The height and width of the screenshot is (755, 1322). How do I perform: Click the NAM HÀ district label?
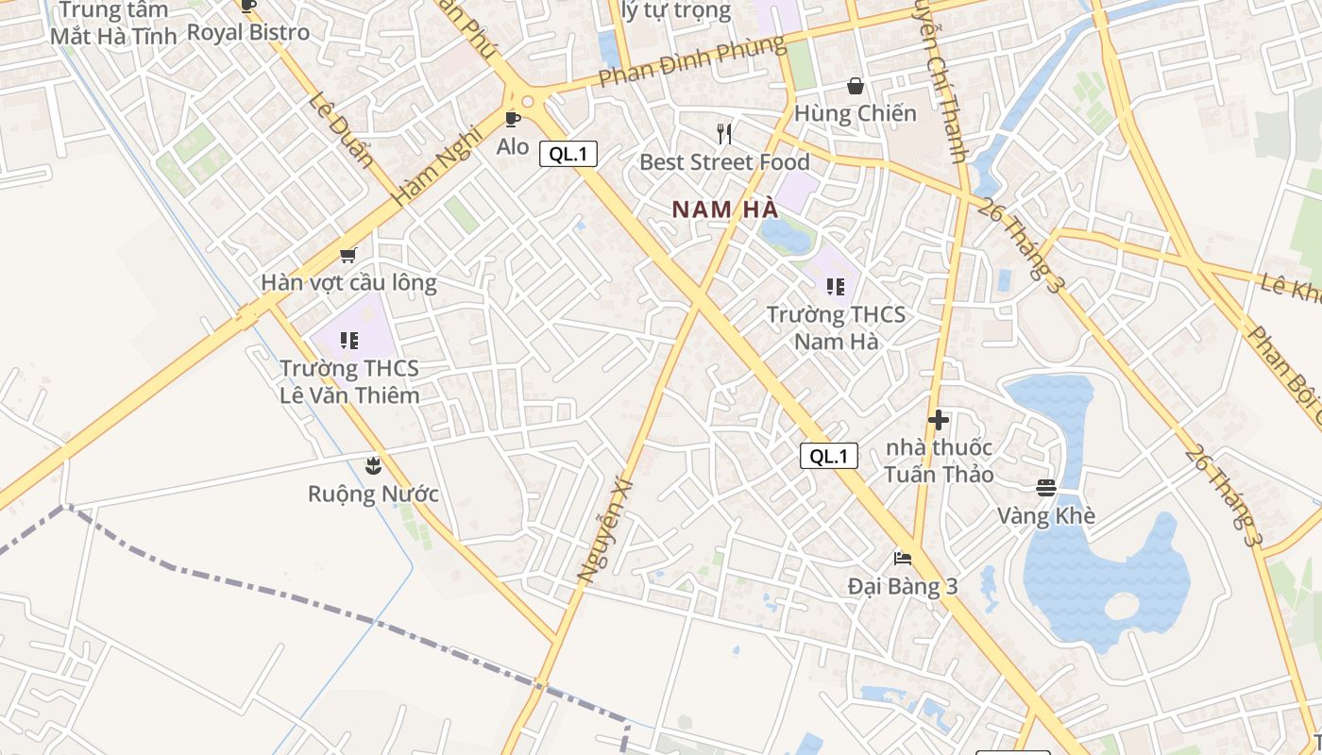tap(724, 210)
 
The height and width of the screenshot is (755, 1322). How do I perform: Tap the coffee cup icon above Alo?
tap(512, 119)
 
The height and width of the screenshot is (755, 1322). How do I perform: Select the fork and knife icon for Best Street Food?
tap(724, 134)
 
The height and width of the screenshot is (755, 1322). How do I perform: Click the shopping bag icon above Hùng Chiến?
tap(856, 87)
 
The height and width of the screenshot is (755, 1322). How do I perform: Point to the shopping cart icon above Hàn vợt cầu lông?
tap(347, 255)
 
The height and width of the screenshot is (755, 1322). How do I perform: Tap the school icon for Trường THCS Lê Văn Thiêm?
tap(349, 340)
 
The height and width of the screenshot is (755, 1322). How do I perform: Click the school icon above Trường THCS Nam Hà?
tap(835, 286)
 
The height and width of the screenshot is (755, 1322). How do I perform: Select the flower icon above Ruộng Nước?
tap(373, 465)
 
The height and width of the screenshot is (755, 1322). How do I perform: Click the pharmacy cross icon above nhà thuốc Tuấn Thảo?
tap(938, 420)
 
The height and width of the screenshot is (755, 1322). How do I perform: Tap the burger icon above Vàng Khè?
tap(1045, 488)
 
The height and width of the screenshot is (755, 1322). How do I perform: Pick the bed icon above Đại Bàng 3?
tap(902, 559)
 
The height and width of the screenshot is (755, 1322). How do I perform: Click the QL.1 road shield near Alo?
tap(568, 154)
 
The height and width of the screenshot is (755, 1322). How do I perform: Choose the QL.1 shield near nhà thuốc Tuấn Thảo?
tap(829, 456)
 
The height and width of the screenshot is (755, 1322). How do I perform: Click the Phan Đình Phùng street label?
tap(691, 61)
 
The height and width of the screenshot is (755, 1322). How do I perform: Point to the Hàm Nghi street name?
tap(437, 167)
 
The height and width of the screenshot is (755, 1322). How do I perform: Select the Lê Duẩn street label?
tap(340, 130)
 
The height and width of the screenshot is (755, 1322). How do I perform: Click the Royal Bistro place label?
tap(248, 32)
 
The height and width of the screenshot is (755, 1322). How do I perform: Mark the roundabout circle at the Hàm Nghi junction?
tap(527, 101)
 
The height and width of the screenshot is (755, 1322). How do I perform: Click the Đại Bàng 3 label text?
tap(903, 586)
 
